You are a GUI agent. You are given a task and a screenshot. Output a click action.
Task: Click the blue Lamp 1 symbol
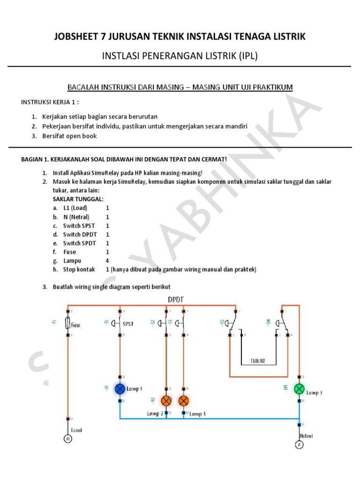(x=120, y=389)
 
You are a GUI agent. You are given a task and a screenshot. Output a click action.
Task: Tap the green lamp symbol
(x=299, y=389)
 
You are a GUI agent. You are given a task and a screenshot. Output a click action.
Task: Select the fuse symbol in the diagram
(x=69, y=324)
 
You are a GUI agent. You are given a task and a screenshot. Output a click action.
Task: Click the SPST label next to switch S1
(x=128, y=324)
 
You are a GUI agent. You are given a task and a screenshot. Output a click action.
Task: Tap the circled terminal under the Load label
(x=67, y=439)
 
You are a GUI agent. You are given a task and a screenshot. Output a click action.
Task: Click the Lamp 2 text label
(x=155, y=413)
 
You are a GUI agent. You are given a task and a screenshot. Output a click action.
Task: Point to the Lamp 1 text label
(x=135, y=389)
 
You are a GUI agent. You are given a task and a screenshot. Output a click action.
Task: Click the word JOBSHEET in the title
(x=81, y=37)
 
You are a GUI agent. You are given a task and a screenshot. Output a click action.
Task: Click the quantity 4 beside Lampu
(x=107, y=261)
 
